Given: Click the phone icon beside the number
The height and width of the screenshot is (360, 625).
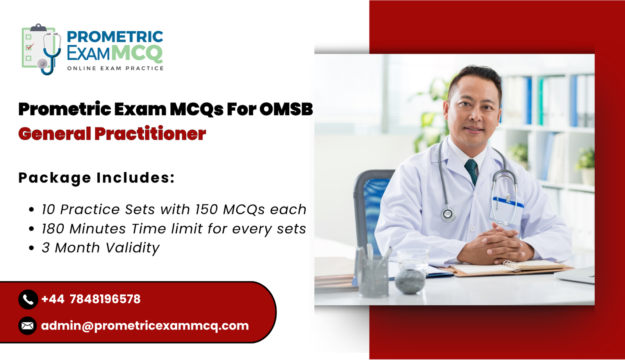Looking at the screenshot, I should [x=28, y=299].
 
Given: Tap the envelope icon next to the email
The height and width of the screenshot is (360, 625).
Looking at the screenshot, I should [x=27, y=326].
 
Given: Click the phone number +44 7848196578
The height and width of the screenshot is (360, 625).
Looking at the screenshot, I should [x=91, y=299].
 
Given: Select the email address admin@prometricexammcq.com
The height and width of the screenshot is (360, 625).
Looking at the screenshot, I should [x=145, y=326].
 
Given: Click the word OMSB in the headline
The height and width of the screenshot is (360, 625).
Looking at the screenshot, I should [x=286, y=109].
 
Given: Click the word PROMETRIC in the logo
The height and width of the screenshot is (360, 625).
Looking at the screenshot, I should [x=115, y=37].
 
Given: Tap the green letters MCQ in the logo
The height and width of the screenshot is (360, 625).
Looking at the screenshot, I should [x=137, y=53].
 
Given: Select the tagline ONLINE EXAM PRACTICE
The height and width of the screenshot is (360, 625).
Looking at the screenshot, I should [x=115, y=68].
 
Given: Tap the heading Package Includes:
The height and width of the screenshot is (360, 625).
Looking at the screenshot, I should [x=96, y=178].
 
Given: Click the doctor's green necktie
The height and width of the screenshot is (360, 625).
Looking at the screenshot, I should [x=472, y=170].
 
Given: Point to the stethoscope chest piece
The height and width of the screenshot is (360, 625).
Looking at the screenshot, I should [x=448, y=214].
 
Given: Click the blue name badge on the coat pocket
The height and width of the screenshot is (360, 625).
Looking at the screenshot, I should [x=507, y=202].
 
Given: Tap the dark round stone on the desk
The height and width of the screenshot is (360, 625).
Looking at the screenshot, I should [x=409, y=281].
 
